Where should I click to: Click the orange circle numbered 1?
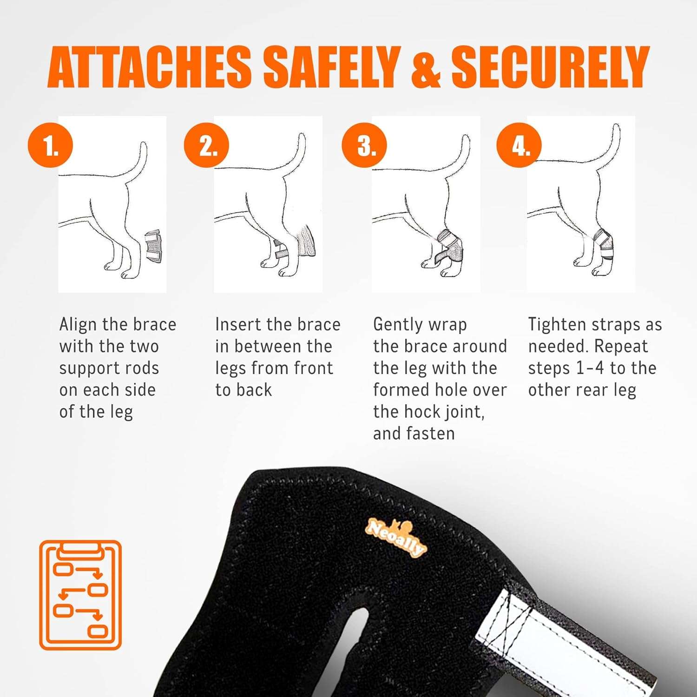[51, 145]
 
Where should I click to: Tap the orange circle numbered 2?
[207, 145]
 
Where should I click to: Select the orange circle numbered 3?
[364, 145]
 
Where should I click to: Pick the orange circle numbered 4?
[519, 145]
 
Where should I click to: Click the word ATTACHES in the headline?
[150, 67]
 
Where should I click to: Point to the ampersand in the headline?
[426, 67]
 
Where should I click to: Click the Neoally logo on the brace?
[395, 537]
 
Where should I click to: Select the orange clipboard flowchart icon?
[80, 595]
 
